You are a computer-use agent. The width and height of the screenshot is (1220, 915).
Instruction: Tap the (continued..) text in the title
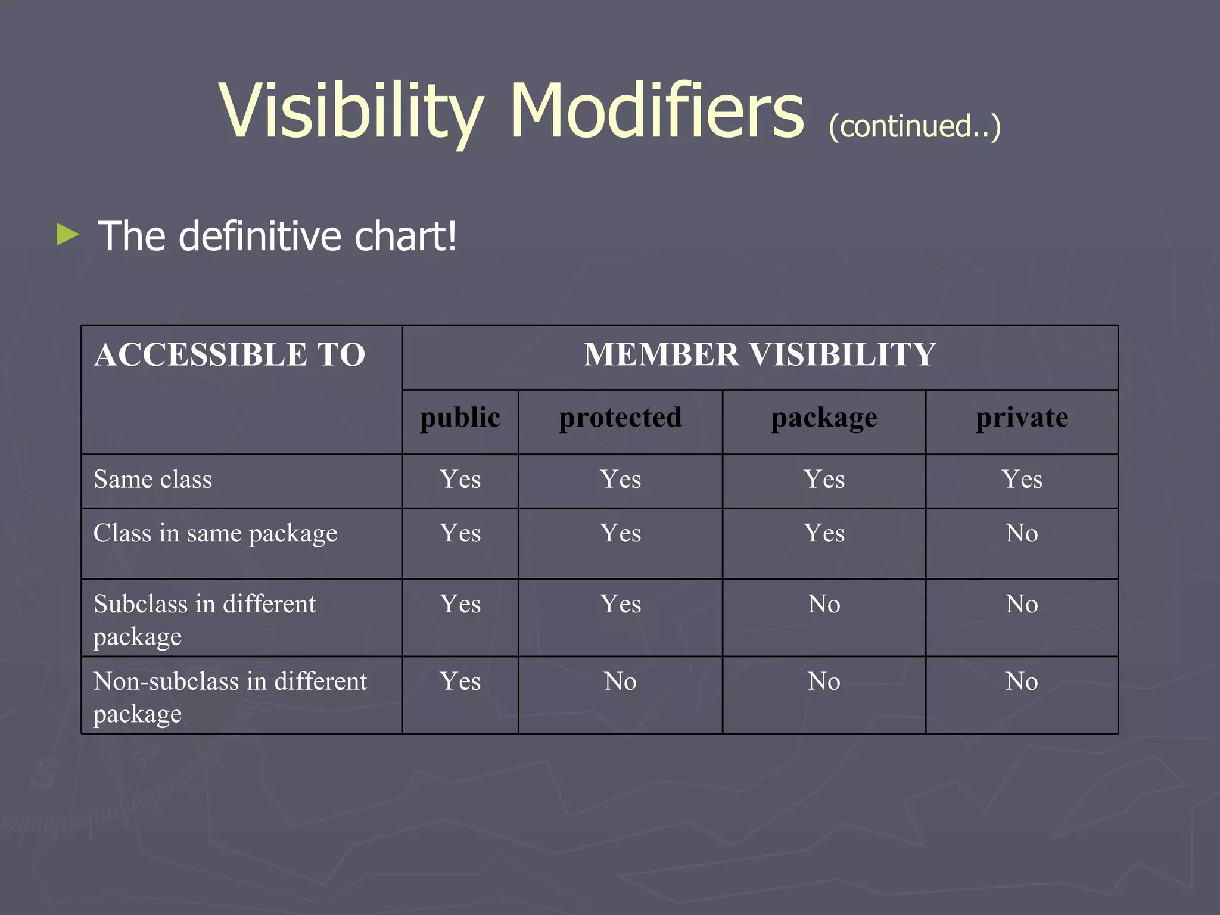[914, 126]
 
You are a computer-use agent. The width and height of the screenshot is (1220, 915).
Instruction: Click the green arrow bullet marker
[68, 234]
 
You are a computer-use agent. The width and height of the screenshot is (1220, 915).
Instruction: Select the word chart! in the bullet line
[405, 236]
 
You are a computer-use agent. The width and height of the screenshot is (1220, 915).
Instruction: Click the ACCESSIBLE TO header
[229, 355]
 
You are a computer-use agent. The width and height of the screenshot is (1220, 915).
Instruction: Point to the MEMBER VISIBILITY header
[760, 355]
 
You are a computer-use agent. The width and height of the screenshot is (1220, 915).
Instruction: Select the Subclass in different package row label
[204, 620]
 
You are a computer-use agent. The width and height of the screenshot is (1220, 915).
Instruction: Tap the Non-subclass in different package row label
[229, 696]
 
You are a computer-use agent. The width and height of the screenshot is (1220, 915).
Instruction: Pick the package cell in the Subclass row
[824, 605]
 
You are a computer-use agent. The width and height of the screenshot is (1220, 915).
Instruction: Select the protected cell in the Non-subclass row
[620, 681]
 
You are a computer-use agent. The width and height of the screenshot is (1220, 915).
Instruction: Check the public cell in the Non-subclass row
[460, 681]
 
